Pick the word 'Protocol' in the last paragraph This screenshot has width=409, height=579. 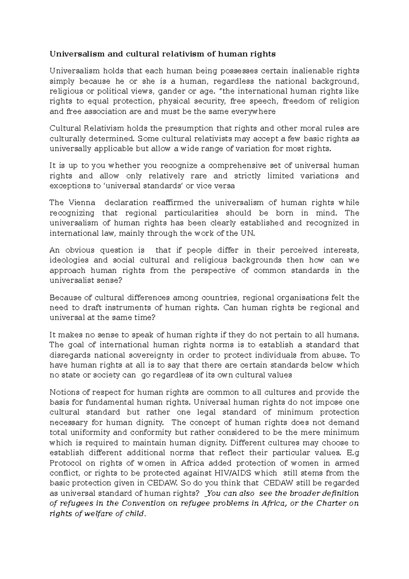coord(65,463)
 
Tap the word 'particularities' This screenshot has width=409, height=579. coord(191,213)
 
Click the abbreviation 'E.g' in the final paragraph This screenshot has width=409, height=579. coord(352,453)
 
